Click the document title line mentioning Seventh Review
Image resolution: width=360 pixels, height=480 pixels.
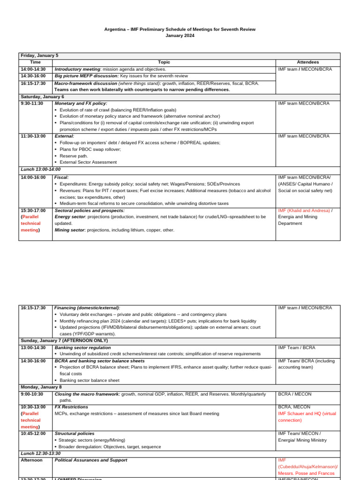(x=180, y=29)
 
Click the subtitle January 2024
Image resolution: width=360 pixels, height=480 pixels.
(x=180, y=36)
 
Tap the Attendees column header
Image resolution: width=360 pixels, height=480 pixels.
(x=307, y=62)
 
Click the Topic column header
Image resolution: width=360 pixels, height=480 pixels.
(x=164, y=62)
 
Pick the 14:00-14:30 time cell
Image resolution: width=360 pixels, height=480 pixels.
(x=33, y=69)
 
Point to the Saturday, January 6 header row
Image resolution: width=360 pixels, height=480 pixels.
(x=43, y=97)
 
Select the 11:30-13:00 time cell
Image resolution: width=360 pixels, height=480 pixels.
(x=33, y=136)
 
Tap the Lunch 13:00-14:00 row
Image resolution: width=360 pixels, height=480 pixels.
(x=41, y=169)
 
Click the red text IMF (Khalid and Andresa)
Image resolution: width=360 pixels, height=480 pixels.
(x=304, y=210)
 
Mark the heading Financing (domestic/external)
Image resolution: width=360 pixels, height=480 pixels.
(x=87, y=307)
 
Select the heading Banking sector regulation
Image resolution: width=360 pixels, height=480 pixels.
(x=82, y=347)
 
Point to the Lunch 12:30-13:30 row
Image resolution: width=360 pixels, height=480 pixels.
(x=41, y=453)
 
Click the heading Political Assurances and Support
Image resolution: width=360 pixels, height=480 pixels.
(x=91, y=460)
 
